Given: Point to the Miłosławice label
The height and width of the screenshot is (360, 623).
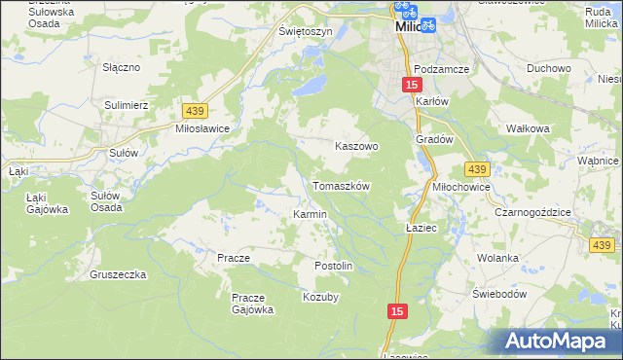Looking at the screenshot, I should point(201,128).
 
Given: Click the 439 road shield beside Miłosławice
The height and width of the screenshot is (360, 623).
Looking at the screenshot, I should point(191,111).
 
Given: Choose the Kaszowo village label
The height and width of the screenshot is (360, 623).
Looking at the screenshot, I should point(355,145).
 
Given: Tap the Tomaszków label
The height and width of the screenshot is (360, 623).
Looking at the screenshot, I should point(341,185).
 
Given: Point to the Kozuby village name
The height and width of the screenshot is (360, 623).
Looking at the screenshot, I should point(321,297).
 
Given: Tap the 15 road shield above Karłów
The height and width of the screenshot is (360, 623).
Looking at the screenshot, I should point(411,87).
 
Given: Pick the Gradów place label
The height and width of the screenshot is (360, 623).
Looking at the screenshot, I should point(435,139).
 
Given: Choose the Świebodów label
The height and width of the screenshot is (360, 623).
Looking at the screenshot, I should point(499,294).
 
